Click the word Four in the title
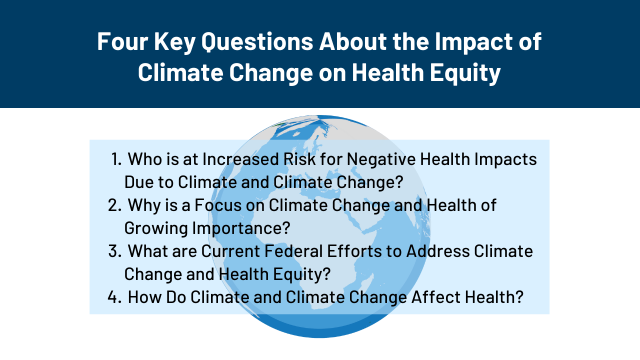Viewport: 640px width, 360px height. point(122,41)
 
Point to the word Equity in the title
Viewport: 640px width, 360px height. point(465,73)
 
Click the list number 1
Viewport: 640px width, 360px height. point(116,159)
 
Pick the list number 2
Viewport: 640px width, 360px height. point(115,205)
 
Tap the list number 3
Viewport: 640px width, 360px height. point(115,251)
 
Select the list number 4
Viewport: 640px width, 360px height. point(114,297)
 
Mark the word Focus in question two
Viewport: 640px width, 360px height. point(218,205)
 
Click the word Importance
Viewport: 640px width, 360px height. point(241,228)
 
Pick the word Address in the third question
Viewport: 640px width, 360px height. point(438,251)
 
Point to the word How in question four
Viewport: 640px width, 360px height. point(144,297)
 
